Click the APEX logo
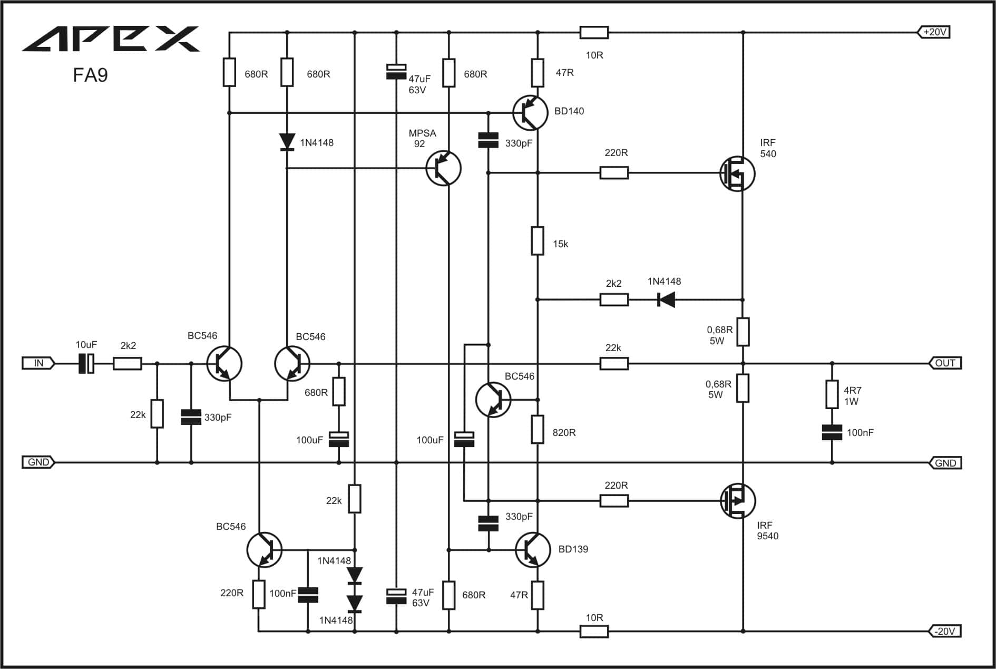pyautogui.click(x=111, y=38)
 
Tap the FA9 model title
pyautogui.click(x=90, y=75)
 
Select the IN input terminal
pyautogui.click(x=38, y=363)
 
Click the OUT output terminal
pyautogui.click(x=945, y=363)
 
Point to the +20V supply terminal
pyautogui.click(x=934, y=32)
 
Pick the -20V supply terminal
pyautogui.click(x=945, y=631)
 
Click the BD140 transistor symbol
pyautogui.click(x=530, y=113)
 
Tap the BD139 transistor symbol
pyautogui.click(x=533, y=550)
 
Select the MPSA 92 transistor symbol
pyautogui.click(x=443, y=168)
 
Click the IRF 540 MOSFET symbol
pyautogui.click(x=737, y=173)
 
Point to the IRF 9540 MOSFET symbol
pyautogui.click(x=738, y=501)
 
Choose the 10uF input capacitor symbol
pyautogui.click(x=86, y=363)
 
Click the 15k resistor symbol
pyautogui.click(x=538, y=241)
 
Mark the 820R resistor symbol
pyautogui.click(x=538, y=429)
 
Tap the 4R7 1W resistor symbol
pyautogui.click(x=832, y=394)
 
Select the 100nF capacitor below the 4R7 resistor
pyautogui.click(x=832, y=433)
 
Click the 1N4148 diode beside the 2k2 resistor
pyautogui.click(x=667, y=300)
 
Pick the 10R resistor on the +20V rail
pyautogui.click(x=594, y=33)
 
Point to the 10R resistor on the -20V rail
pyautogui.click(x=594, y=631)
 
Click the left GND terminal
pyautogui.click(x=38, y=462)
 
